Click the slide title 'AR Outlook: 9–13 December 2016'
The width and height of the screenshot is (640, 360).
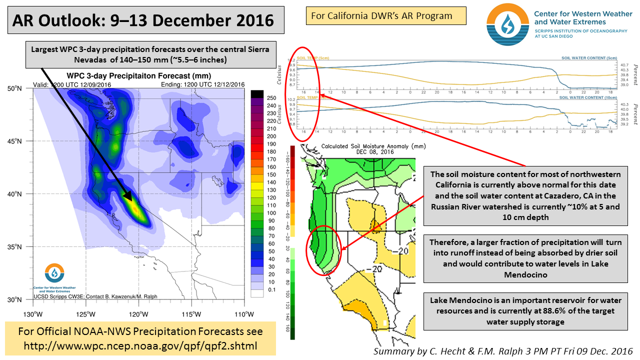coord(143,20)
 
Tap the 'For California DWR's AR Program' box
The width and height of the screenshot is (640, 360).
coord(385,15)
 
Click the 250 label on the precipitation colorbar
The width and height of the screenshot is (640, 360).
coord(271,98)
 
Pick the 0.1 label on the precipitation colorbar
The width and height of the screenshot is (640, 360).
coord(272,289)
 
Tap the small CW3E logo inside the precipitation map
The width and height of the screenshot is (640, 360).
coord(54,273)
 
